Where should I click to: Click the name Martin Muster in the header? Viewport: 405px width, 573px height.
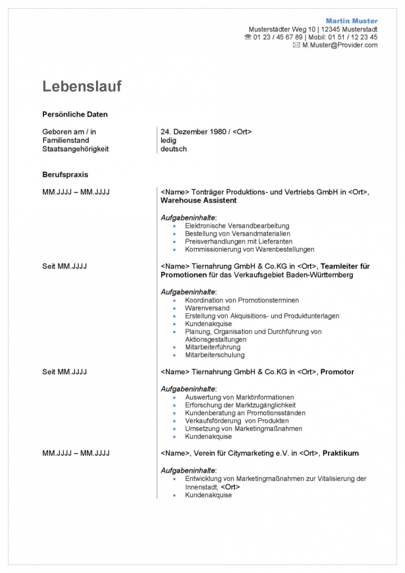351,21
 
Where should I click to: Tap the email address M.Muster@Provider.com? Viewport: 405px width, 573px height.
340,45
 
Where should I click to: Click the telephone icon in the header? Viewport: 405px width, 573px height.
248,37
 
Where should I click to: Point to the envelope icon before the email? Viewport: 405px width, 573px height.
296,45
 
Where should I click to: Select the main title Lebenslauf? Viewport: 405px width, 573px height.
82,86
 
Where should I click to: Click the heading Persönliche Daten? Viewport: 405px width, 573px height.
75,114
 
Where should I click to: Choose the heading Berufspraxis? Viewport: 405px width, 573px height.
65,174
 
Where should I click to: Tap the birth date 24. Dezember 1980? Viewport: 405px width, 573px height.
193,132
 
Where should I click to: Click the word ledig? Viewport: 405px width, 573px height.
168,140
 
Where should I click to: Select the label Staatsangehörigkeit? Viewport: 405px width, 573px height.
75,149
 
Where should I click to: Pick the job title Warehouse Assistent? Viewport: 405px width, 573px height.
198,200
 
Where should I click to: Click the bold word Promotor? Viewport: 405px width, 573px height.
337,372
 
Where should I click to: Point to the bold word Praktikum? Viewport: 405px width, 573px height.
341,453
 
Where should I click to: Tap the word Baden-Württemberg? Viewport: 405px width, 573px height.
320,275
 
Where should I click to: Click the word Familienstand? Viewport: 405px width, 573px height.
65,140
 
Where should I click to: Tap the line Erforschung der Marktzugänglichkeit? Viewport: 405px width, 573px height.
240,405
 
